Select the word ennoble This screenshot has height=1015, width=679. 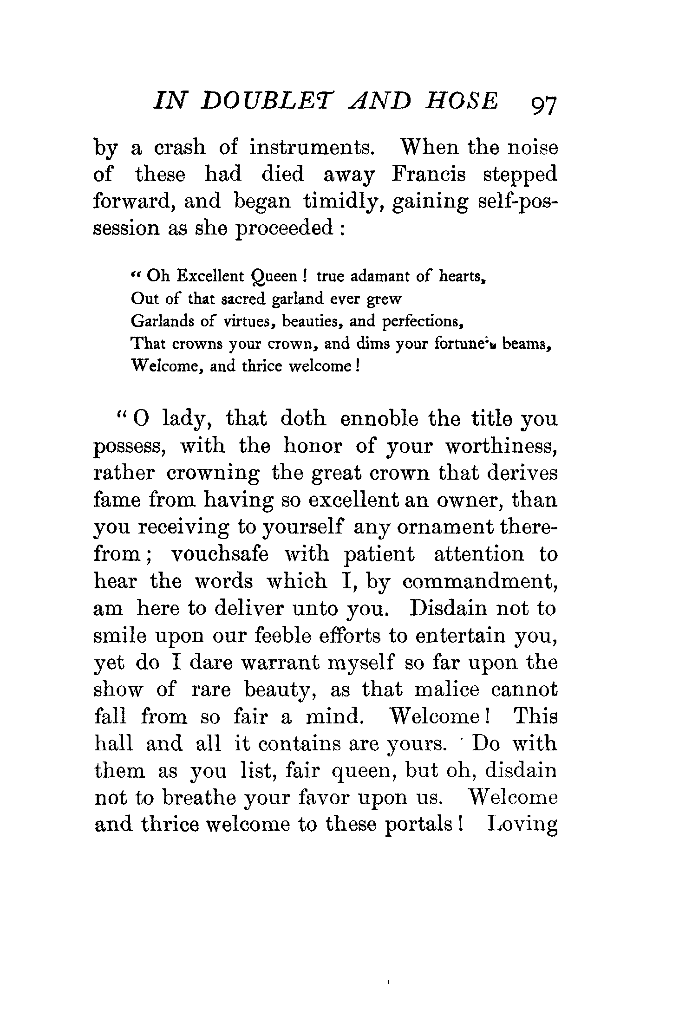379,419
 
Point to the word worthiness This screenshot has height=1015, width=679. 501,447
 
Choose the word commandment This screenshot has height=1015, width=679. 479,582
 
